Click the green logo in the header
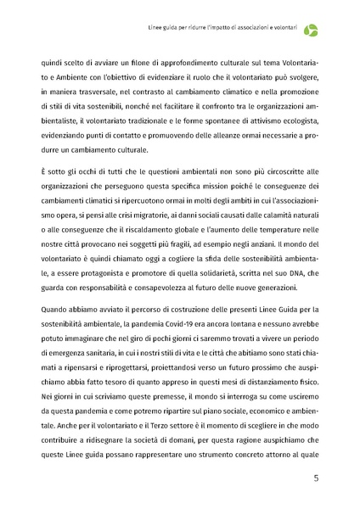[x=312, y=30]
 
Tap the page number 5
[x=317, y=478]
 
